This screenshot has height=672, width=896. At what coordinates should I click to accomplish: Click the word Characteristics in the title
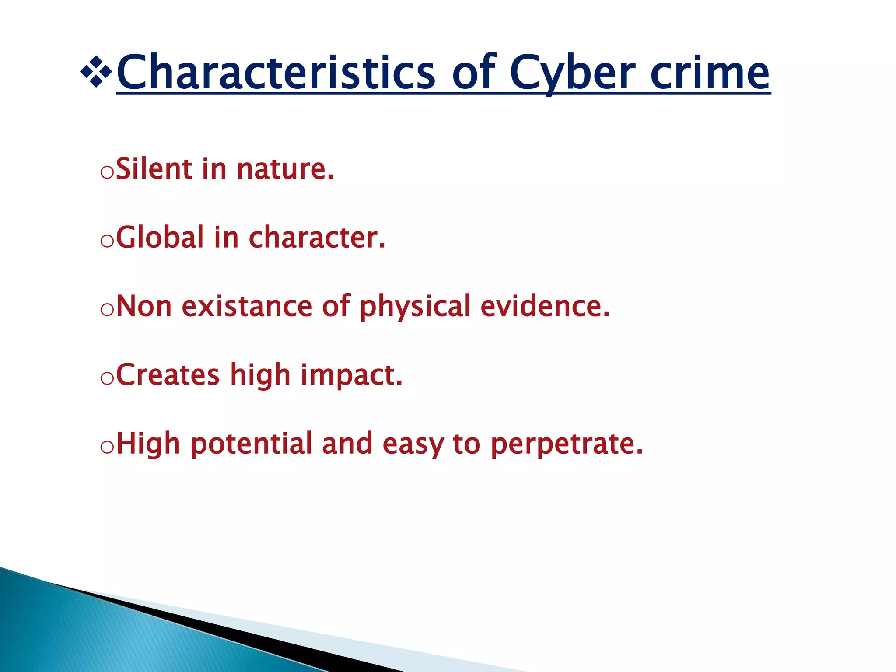(276, 72)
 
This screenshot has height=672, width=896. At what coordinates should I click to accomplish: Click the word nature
(285, 169)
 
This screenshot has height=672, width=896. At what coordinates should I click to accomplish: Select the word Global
(160, 238)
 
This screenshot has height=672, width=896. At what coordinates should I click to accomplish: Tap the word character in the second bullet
(316, 238)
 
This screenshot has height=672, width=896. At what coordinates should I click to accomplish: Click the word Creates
(168, 375)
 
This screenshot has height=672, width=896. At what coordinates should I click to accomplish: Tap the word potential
(251, 444)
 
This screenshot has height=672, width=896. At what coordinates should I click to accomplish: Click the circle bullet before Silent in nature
(107, 172)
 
